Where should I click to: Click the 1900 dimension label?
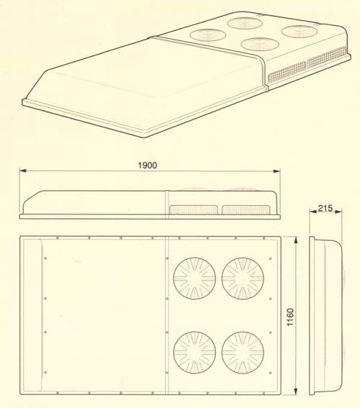[148, 166]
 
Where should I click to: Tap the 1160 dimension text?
[290, 317]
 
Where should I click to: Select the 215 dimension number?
[325, 208]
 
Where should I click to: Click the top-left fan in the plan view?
[194, 278]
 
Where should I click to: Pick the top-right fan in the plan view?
[243, 278]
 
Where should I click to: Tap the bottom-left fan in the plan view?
[194, 353]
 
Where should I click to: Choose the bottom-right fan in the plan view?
[243, 353]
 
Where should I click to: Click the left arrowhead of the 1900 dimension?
[23, 171]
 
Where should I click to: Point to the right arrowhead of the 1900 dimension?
[276, 171]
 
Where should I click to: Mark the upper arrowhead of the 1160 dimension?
[295, 240]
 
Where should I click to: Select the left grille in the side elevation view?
[194, 209]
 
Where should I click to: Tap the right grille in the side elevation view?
[246, 209]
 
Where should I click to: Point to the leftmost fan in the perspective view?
[208, 35]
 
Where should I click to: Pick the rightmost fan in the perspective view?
[300, 32]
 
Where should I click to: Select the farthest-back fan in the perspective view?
[245, 23]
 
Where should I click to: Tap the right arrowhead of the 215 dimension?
[338, 212]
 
